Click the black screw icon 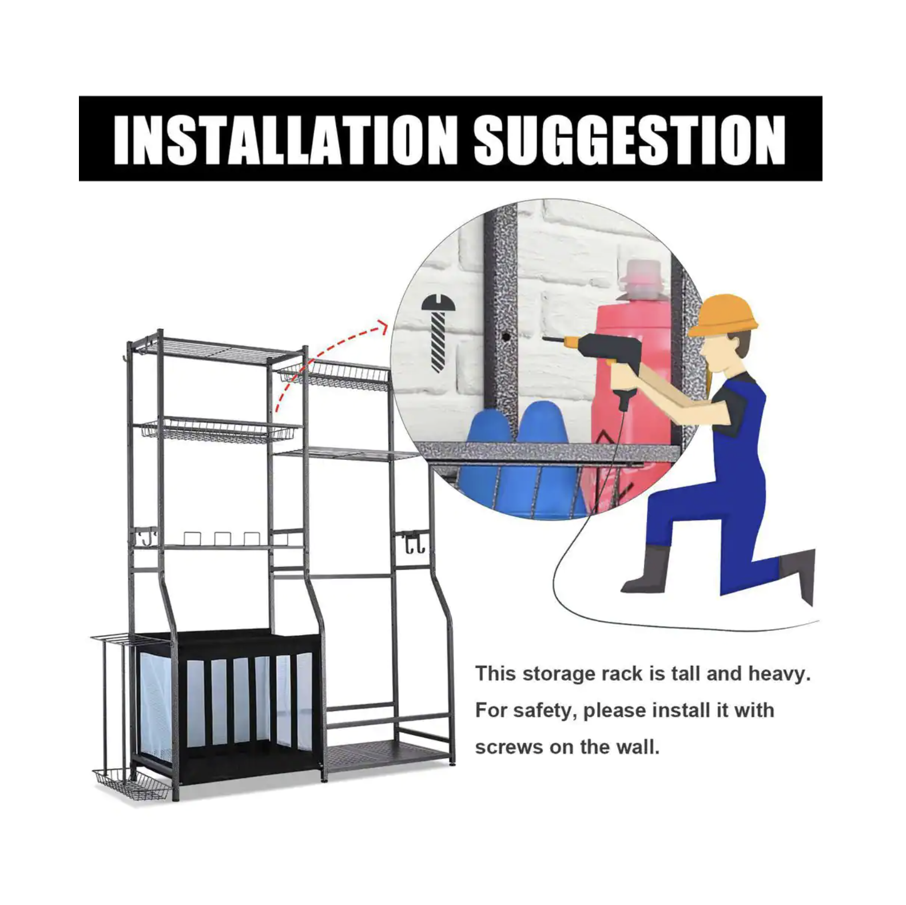pos(438,332)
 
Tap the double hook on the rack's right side pos(412,542)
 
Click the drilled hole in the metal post pos(506,337)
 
